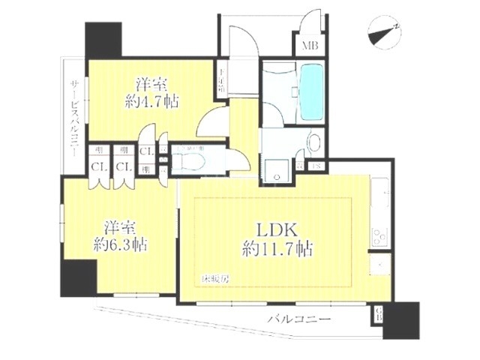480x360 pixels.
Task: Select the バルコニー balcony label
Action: pyautogui.click(x=299, y=319)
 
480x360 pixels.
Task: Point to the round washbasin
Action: pyautogui.click(x=314, y=142)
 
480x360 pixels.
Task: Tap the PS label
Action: pyautogui.click(x=316, y=164)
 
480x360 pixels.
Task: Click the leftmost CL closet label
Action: pyautogui.click(x=97, y=166)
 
